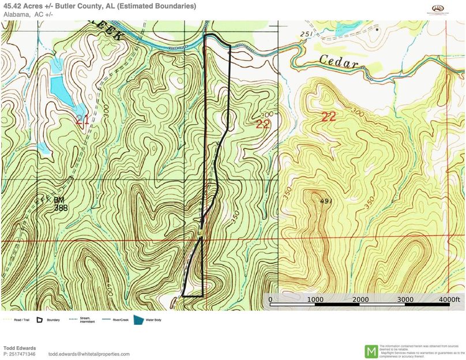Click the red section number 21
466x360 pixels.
82,119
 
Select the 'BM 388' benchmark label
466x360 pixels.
59,204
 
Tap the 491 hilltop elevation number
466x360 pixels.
326,200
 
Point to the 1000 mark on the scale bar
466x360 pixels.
315,300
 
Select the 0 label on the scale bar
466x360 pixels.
271,300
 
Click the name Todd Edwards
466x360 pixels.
20,348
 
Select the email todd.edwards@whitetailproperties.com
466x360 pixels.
89,354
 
